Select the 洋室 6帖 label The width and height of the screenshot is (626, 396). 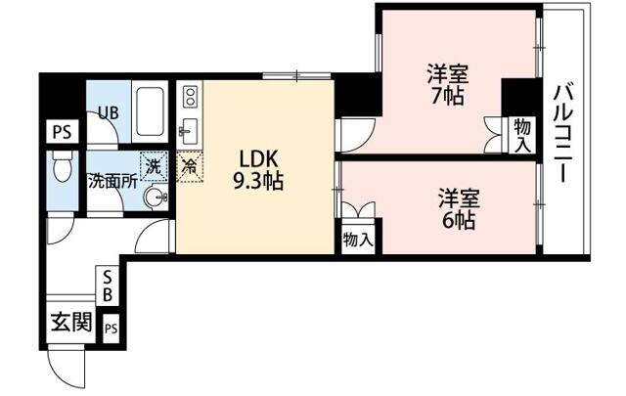pyautogui.click(x=457, y=208)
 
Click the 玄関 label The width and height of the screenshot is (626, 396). pyautogui.click(x=70, y=322)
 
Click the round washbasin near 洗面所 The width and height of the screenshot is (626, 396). pyautogui.click(x=155, y=198)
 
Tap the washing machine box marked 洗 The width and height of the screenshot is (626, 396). pyautogui.click(x=154, y=166)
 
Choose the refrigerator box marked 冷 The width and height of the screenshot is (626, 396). pyautogui.click(x=189, y=166)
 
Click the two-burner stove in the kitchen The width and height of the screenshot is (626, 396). pyautogui.click(x=190, y=97)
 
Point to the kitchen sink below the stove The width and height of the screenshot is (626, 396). pyautogui.click(x=190, y=130)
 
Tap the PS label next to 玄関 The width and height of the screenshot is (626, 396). pyautogui.click(x=112, y=328)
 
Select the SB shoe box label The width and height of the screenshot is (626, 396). pyautogui.click(x=108, y=286)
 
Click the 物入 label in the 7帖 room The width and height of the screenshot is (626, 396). pyautogui.click(x=522, y=135)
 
